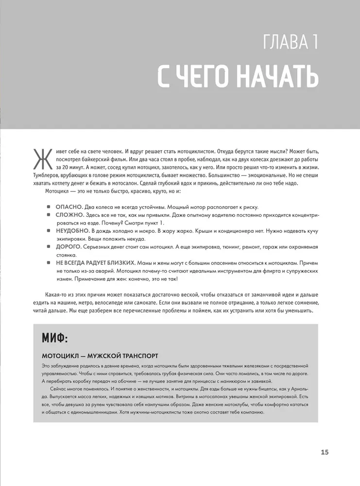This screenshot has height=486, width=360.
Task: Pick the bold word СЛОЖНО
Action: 69,214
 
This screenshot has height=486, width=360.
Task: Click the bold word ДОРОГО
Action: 68,247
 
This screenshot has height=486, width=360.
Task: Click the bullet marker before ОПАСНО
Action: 50,207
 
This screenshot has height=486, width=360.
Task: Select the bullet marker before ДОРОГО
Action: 50,247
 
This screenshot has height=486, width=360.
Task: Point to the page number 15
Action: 325,452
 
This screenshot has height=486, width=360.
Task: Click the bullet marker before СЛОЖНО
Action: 50,214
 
